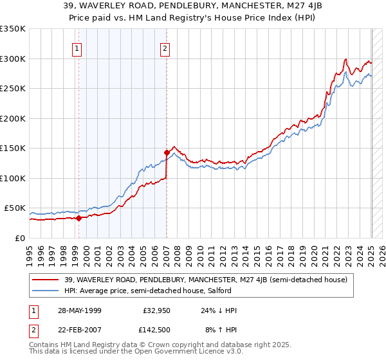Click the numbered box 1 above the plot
pyautogui.click(x=77, y=48)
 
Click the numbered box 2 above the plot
pyautogui.click(x=165, y=48)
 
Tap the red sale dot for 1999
pyautogui.click(x=78, y=218)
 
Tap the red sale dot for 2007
pyautogui.click(x=167, y=152)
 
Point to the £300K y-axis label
pyautogui.click(x=13, y=59)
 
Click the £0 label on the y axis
pyautogui.click(x=20, y=239)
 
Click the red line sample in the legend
pyautogui.click(x=46, y=280)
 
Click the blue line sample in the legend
pyautogui.click(x=46, y=291)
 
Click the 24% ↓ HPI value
pyautogui.click(x=219, y=310)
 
